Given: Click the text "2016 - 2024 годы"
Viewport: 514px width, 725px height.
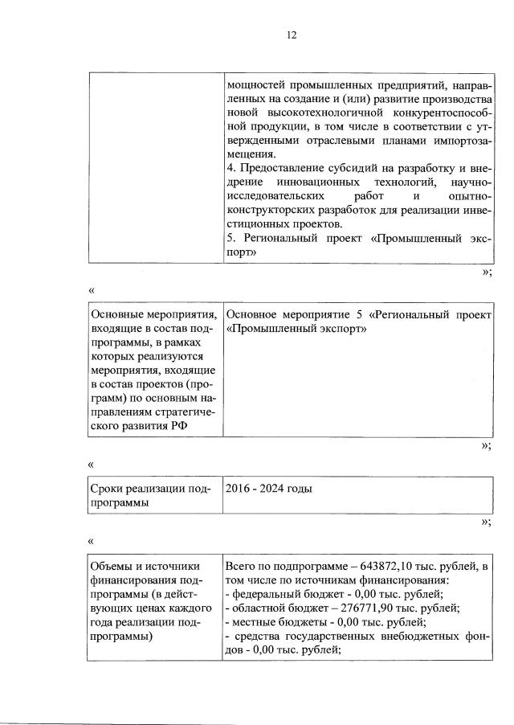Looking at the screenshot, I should tap(270, 488).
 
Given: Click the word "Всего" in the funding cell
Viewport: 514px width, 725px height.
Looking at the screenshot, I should tap(243, 568).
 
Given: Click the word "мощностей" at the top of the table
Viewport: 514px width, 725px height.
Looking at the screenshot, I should tap(255, 84).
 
